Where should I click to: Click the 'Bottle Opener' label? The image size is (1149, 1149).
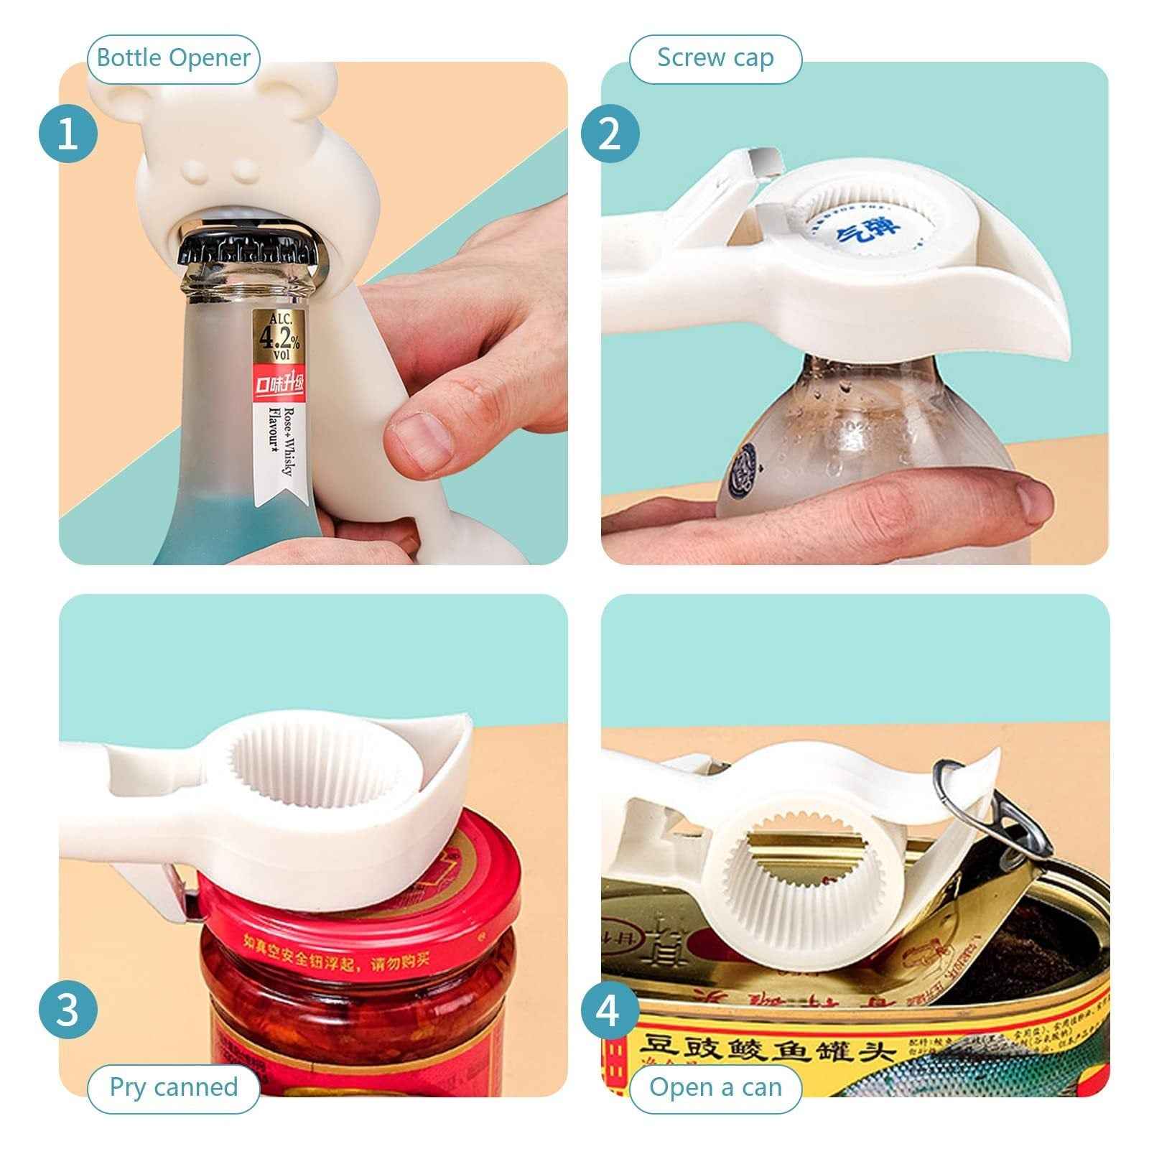tap(173, 57)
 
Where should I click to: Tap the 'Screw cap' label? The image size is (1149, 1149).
tap(715, 57)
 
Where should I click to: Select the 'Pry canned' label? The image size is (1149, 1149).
tap(173, 1087)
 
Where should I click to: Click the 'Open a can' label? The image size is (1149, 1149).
tap(715, 1087)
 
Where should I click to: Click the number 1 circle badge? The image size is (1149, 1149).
tap(68, 134)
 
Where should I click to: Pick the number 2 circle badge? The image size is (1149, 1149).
tap(610, 134)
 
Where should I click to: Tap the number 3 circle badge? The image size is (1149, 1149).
tap(68, 1009)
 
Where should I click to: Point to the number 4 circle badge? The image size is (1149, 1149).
tap(610, 1009)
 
